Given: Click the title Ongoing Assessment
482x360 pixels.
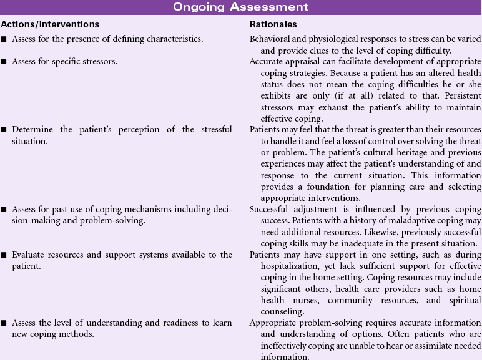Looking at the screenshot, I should point(240,7).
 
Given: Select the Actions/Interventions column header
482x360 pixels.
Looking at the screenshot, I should point(50,24).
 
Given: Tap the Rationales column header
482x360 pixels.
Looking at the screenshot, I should point(272,24).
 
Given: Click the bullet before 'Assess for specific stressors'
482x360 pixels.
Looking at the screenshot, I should point(4,62).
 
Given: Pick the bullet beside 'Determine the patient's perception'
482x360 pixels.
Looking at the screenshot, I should point(4,130).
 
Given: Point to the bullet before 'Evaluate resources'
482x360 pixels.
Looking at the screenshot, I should point(4,255).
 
